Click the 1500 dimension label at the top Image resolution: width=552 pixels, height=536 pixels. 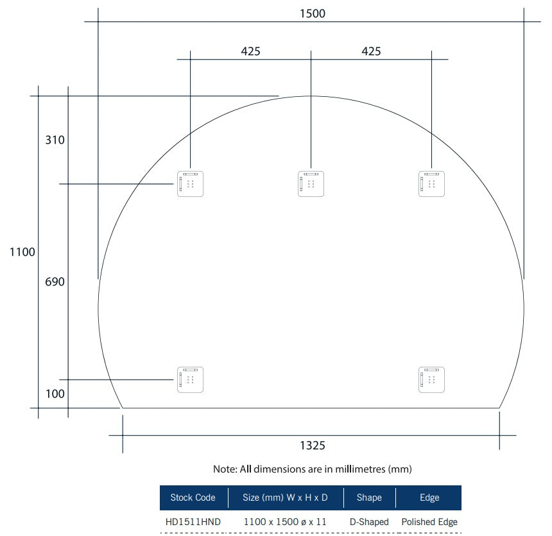click(313, 13)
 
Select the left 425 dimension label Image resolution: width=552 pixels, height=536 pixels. click(250, 51)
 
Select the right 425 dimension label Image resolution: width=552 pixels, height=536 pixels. click(371, 51)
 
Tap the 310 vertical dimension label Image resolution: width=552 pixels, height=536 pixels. click(55, 140)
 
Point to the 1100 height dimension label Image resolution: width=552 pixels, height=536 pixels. click(22, 253)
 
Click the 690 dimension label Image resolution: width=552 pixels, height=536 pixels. click(55, 281)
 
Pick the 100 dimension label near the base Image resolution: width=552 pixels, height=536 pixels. click(55, 394)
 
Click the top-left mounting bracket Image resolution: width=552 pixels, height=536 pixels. click(190, 184)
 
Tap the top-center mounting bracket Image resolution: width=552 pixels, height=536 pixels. click(311, 184)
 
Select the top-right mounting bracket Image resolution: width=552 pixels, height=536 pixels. click(431, 184)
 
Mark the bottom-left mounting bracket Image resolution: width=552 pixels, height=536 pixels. click(190, 380)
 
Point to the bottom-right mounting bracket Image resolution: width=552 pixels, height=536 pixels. click(431, 380)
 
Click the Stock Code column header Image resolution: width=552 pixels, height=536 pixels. click(193, 498)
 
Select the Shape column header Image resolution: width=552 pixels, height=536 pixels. click(369, 498)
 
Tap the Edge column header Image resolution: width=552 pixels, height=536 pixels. click(429, 498)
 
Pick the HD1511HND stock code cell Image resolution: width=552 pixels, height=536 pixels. click(193, 522)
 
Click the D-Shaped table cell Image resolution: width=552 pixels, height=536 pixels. click(369, 522)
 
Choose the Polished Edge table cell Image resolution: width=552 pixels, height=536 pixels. click(429, 522)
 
